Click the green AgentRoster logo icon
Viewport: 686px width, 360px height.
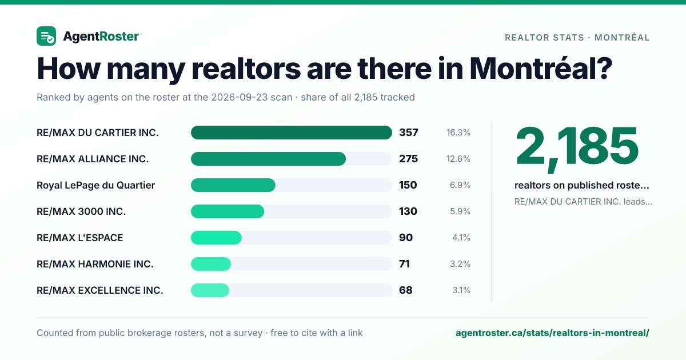click(x=46, y=36)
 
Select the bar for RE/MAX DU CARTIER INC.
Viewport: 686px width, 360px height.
click(x=291, y=133)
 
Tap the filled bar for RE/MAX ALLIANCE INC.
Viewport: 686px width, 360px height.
click(x=268, y=159)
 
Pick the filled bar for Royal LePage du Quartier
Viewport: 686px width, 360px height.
click(x=233, y=185)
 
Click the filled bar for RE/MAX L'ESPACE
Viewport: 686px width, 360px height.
click(x=216, y=238)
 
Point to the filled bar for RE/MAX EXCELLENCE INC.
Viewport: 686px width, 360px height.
click(x=210, y=290)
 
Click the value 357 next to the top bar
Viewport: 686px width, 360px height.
click(x=409, y=133)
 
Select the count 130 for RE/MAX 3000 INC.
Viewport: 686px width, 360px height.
click(x=408, y=211)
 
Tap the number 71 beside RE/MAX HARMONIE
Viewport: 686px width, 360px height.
click(x=404, y=264)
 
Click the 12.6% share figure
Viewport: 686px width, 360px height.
click(x=458, y=159)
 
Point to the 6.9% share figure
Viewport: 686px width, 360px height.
click(x=460, y=185)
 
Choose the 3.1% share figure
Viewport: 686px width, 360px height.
click(x=461, y=290)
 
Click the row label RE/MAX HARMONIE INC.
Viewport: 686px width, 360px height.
click(x=95, y=264)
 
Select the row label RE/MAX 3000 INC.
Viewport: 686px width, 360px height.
click(x=81, y=211)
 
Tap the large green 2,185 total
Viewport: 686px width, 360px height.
click(x=577, y=148)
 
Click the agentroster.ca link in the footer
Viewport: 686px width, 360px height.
click(x=552, y=333)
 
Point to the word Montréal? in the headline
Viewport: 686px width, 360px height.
click(x=541, y=68)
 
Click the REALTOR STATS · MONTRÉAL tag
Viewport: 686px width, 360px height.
click(x=577, y=38)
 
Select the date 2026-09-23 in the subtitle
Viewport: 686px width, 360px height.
click(x=252, y=97)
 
